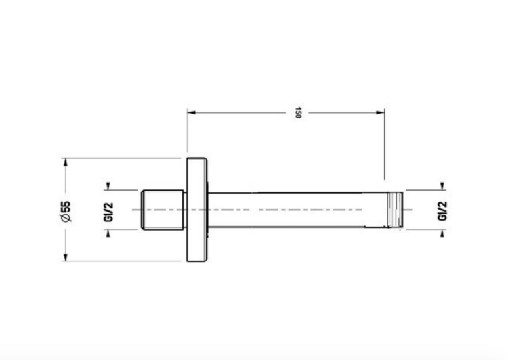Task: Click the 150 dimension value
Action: pyautogui.click(x=298, y=112)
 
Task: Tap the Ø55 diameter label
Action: pyautogui.click(x=66, y=212)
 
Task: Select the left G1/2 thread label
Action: pyautogui.click(x=108, y=212)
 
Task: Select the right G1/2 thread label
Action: pyautogui.click(x=442, y=211)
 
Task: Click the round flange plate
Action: pyautogui.click(x=197, y=210)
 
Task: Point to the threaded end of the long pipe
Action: pyautogui.click(x=395, y=210)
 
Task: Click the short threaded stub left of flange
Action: pyautogui.click(x=163, y=210)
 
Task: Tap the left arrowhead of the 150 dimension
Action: pyautogui.click(x=192, y=112)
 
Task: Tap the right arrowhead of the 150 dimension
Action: pyautogui.click(x=381, y=112)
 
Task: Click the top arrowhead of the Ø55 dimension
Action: pyautogui.click(x=66, y=162)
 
